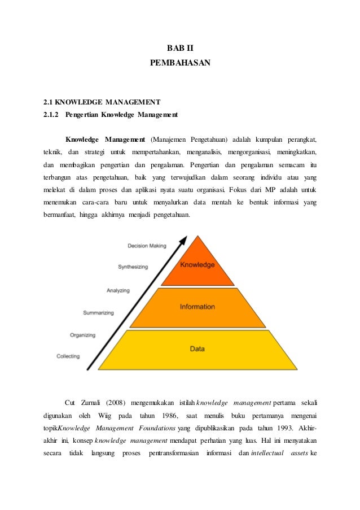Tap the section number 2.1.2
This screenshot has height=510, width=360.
[51, 115]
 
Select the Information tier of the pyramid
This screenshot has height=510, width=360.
[197, 307]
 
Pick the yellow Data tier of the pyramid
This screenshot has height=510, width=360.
[197, 349]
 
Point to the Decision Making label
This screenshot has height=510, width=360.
[147, 246]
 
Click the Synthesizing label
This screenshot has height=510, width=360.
[133, 267]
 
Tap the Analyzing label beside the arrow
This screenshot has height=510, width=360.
[118, 290]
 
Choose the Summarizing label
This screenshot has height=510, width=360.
[98, 312]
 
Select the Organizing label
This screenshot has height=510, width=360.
[82, 335]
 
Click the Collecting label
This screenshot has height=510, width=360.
[68, 356]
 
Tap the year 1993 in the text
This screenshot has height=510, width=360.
[280, 429]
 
